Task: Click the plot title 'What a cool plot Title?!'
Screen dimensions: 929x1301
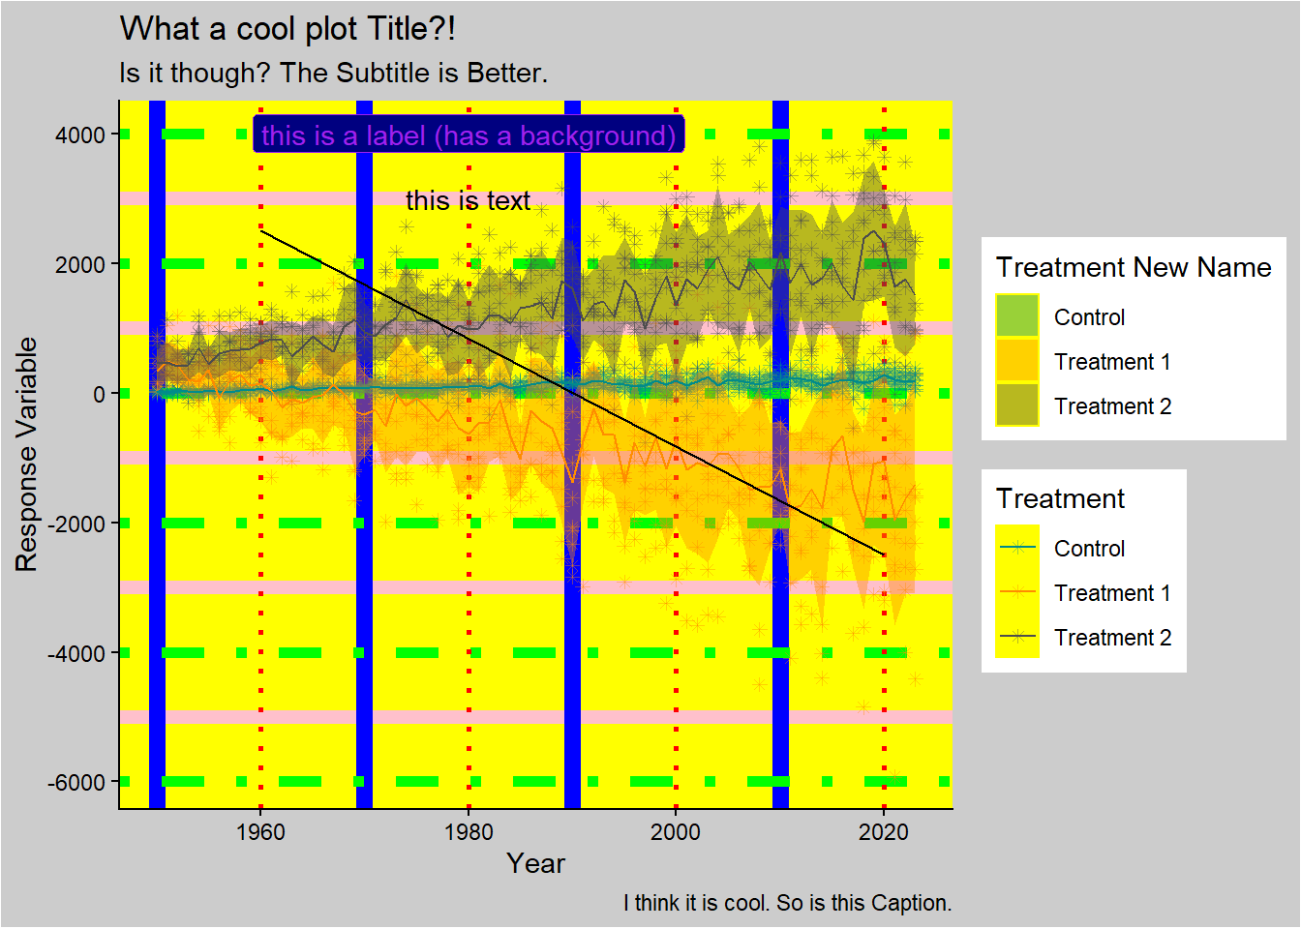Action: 287,29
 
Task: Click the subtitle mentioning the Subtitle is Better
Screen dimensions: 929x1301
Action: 333,74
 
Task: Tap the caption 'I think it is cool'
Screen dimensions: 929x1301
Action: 787,903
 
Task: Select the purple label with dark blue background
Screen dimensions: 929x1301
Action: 469,135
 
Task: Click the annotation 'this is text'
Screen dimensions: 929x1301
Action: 468,200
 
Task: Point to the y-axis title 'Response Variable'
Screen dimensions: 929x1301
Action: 26,454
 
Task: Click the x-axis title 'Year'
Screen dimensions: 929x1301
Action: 535,863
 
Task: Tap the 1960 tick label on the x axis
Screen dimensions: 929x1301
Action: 260,832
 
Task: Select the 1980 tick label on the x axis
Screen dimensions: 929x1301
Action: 469,832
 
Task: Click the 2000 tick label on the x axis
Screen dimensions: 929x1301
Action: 676,832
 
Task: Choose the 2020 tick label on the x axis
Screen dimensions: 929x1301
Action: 884,832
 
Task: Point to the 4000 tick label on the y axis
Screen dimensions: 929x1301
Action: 80,135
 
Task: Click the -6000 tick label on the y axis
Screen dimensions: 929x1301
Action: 76,782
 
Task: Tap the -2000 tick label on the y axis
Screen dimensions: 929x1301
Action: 76,524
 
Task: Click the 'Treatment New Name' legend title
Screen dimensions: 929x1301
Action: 1134,267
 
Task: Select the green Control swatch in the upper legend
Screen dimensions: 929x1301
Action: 1016,316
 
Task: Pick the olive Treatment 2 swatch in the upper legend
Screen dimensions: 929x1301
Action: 1016,405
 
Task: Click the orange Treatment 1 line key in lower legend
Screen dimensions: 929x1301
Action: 1016,592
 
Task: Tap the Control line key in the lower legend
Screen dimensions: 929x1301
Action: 1016,548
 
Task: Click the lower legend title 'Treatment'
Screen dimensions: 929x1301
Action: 1060,498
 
